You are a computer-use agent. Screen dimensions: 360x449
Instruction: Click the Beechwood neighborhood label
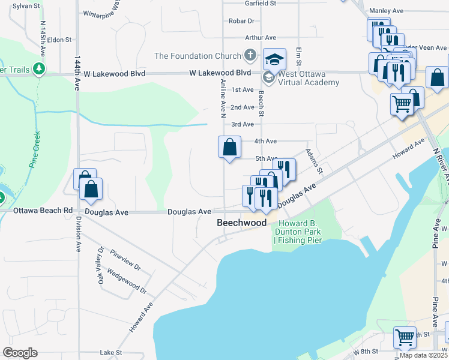tap(241, 223)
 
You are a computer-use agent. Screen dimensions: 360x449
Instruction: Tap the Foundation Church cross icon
tap(251, 56)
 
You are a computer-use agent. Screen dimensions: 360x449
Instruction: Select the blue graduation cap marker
tap(274, 59)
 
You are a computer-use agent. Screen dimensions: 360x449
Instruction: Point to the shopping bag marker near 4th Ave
tap(229, 147)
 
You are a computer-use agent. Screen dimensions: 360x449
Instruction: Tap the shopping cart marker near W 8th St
tap(405, 337)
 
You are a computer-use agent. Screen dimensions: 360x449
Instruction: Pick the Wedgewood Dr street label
tap(127, 281)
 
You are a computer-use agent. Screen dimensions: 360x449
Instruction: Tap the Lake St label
tap(111, 353)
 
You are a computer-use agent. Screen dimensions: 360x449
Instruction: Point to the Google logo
tap(20, 353)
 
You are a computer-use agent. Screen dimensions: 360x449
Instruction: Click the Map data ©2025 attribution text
tap(423, 355)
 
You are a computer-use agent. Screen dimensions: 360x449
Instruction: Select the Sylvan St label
tap(26, 5)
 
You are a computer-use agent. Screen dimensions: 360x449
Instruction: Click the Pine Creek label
tap(34, 150)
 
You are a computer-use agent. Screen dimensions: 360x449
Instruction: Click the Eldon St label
tap(59, 40)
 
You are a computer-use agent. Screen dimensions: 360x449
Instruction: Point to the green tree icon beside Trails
tap(40, 69)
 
